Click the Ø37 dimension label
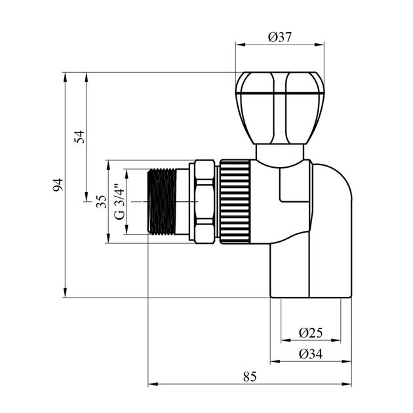pyautogui.click(x=280, y=37)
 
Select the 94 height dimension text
pyautogui.click(x=58, y=184)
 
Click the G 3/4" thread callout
pyautogui.click(x=119, y=202)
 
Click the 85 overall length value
pyautogui.click(x=249, y=376)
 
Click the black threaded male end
pyautogui.click(x=163, y=201)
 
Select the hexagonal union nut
pyautogui.click(x=203, y=201)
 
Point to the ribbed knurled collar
pyautogui.click(x=235, y=201)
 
